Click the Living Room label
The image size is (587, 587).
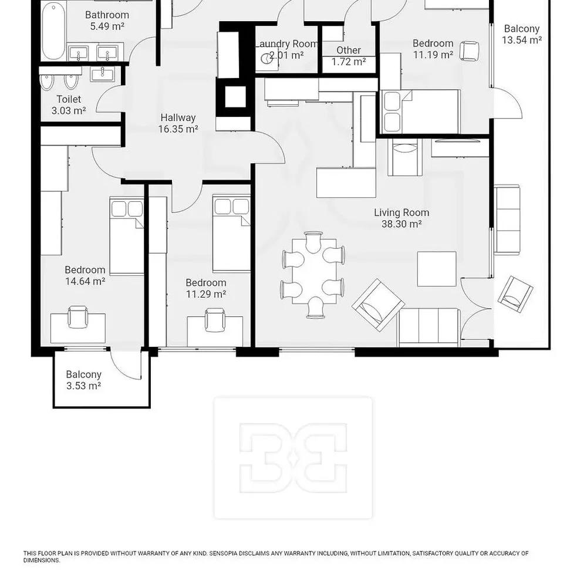click(x=402, y=212)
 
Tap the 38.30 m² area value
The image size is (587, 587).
click(x=402, y=224)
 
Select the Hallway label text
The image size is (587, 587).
click(x=178, y=117)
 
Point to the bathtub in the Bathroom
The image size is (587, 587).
click(x=53, y=32)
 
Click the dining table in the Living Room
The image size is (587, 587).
click(x=314, y=271)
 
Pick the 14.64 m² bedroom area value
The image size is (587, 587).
click(x=85, y=281)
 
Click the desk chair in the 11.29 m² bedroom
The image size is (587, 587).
click(x=215, y=320)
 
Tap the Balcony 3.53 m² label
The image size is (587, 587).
click(x=83, y=380)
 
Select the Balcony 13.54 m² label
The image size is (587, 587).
click(x=522, y=34)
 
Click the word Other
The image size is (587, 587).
click(x=349, y=50)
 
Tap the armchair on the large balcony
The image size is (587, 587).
click(x=515, y=294)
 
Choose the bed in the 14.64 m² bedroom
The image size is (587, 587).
click(x=127, y=236)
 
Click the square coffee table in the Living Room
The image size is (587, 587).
click(x=437, y=269)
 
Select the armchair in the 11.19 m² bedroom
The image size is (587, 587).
click(x=469, y=51)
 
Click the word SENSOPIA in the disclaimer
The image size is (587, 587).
click(x=224, y=554)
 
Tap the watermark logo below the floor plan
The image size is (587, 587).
click(x=293, y=458)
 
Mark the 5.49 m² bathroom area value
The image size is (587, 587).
click(x=107, y=26)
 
